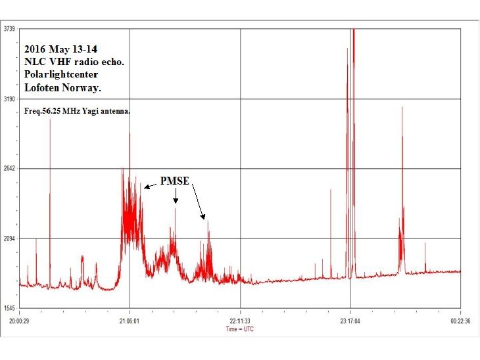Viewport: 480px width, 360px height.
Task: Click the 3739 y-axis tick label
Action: pos(9,30)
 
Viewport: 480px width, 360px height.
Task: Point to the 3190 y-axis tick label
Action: pos(9,99)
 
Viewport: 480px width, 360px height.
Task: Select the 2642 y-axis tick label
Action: pos(9,169)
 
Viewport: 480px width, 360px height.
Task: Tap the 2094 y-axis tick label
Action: pos(9,238)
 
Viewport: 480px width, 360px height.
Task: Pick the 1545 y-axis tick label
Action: pos(9,308)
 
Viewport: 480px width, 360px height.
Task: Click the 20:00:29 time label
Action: pos(20,321)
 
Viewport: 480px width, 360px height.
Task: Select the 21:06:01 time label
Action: pos(130,321)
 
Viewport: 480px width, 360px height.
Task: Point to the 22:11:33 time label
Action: pos(240,321)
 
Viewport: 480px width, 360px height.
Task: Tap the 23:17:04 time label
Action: pos(350,321)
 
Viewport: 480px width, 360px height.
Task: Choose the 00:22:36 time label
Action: pos(460,321)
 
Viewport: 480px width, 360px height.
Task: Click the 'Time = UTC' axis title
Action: pos(239,328)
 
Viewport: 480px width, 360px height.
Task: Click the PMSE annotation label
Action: pos(175,181)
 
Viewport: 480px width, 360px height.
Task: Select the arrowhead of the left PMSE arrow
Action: pos(145,188)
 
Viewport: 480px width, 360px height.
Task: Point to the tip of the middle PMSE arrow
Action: pos(176,202)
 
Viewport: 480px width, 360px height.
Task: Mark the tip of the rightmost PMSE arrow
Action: pos(204,217)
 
